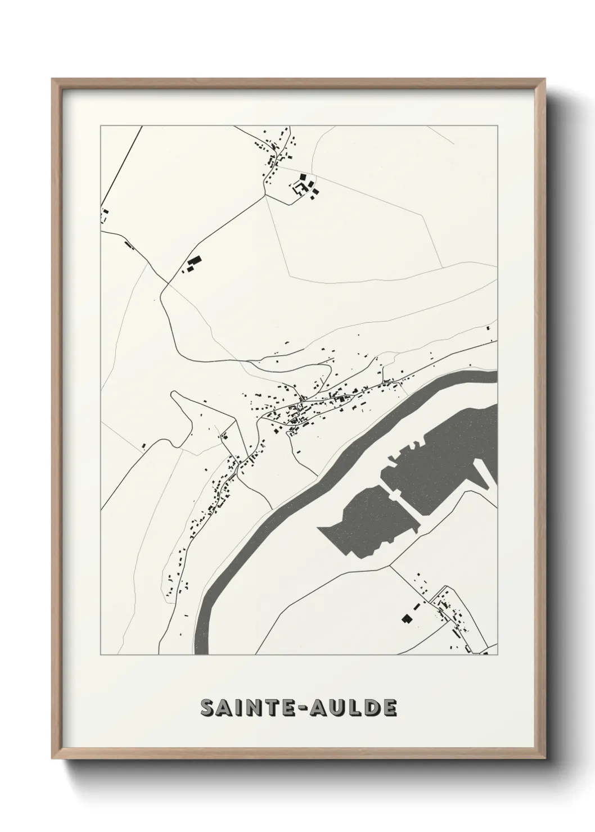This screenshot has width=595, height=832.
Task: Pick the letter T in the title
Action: point(268,709)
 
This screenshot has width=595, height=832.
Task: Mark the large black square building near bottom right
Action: point(407,618)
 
